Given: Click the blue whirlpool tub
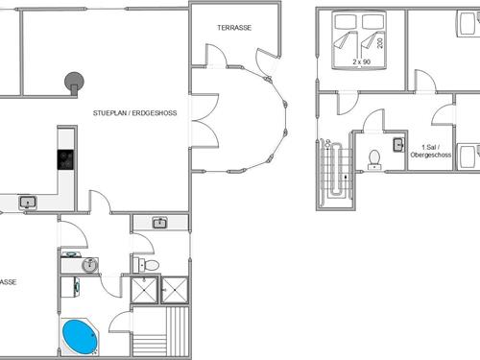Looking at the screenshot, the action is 80,337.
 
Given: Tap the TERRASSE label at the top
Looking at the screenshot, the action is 234,28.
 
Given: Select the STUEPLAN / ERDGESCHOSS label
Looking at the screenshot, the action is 134,113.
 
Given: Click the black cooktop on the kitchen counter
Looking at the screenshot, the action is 66,159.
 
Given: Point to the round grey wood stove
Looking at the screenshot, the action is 74,83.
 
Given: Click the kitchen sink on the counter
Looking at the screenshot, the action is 28,203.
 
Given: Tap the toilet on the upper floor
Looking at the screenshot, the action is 374,159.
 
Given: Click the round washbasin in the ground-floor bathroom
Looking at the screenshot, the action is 90,265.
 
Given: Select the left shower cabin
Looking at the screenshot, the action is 144,290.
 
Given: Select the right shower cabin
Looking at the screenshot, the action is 174,290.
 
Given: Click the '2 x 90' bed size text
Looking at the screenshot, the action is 362,61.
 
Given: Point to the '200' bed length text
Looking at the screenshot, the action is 380,43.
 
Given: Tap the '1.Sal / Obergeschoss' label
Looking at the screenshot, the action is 431,151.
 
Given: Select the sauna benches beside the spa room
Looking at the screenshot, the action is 160,331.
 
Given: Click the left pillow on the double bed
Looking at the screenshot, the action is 346,21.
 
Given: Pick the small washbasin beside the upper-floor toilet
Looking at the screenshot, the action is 398,145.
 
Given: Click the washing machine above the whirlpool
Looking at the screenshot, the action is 70,287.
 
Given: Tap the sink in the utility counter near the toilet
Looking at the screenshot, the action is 160,223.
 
